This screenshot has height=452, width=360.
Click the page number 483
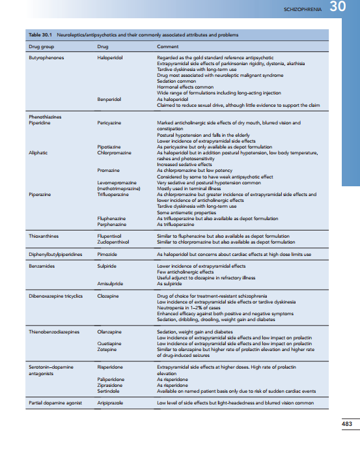click(x=347, y=425)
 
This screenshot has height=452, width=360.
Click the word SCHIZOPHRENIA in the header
click(x=303, y=10)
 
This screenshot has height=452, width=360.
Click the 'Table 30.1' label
click(x=42, y=35)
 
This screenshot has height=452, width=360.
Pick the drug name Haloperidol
click(x=110, y=58)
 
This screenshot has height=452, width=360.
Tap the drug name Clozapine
click(x=107, y=296)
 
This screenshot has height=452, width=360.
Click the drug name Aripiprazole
click(x=110, y=404)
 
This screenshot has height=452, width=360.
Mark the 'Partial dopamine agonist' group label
click(x=55, y=404)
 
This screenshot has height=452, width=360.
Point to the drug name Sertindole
click(x=108, y=389)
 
